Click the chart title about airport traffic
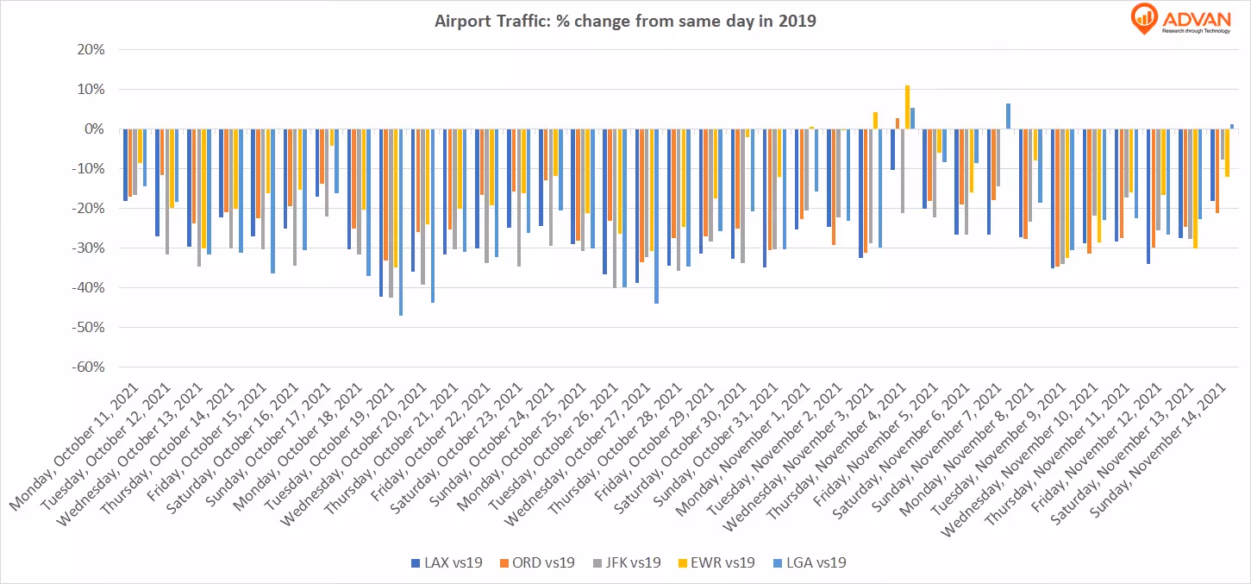click(x=625, y=22)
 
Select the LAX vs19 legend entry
click(x=446, y=562)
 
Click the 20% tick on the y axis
click(x=90, y=49)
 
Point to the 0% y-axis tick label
click(x=93, y=129)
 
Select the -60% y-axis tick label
click(x=87, y=367)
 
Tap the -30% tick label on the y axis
click(x=87, y=248)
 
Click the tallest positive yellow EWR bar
click(x=907, y=107)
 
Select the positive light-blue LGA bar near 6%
click(x=1008, y=116)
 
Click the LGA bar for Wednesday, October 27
click(x=656, y=216)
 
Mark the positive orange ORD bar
click(x=898, y=123)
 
